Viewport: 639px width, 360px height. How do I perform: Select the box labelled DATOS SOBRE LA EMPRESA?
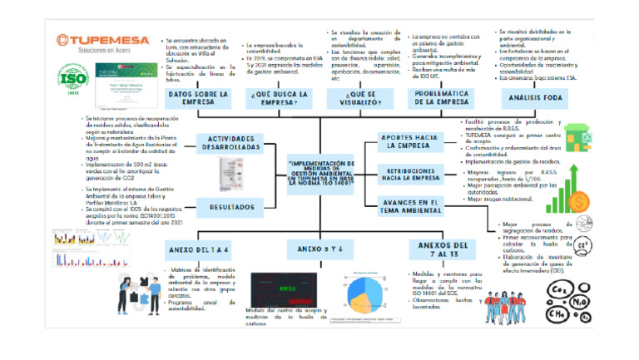200,99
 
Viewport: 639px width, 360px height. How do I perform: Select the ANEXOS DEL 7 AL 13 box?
439,249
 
